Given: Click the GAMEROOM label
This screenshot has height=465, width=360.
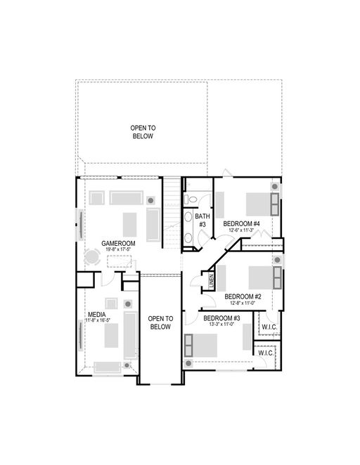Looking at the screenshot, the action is pos(118,243).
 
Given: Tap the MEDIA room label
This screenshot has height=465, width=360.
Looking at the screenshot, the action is pos(97,314).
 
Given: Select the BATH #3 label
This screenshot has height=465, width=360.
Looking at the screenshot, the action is pos(202,221).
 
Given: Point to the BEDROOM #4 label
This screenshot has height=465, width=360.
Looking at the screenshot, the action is pos(241,223).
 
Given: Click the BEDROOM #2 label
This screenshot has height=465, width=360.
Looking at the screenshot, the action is pos(243,296).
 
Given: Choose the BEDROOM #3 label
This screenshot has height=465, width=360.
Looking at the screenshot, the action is pos(221,318).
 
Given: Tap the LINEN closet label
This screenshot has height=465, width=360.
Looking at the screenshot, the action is pos(212,281).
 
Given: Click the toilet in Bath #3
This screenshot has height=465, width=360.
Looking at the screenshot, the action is pos(191,199).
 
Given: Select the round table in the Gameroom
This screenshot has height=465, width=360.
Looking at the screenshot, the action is pos(92,256).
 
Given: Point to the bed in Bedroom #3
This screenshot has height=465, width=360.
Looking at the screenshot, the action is pos(200,345).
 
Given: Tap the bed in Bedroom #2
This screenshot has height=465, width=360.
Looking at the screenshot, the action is pos(265,277).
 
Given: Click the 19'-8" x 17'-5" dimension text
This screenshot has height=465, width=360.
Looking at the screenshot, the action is pos(118,249).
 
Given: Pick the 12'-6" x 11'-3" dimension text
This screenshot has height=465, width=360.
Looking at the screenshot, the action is pos(241,230).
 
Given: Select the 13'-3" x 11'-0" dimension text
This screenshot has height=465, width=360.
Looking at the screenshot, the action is pos(221,324).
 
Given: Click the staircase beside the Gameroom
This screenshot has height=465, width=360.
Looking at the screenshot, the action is pos(172,213).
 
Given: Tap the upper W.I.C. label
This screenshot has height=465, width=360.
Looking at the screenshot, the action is pos(269,327).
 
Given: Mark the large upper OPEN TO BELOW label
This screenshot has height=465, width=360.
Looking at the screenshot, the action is pos(143,132).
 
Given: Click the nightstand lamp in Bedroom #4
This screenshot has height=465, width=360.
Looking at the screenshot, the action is pos(275,187).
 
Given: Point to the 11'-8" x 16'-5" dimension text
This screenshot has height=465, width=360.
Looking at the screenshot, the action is pos(98,320).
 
